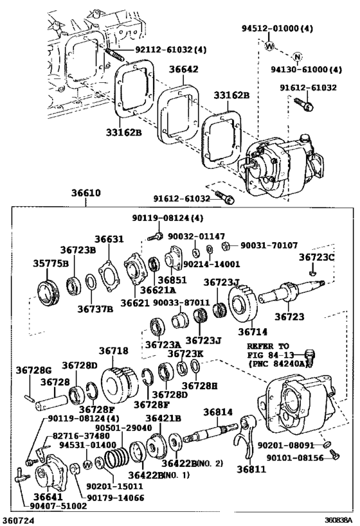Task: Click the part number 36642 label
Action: [x=183, y=69]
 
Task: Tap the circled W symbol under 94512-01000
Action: [x=269, y=46]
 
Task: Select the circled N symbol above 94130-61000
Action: [x=297, y=57]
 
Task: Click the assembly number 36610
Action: [x=86, y=193]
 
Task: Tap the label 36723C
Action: [x=317, y=257]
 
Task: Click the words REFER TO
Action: [x=267, y=346]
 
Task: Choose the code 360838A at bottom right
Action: [x=338, y=520]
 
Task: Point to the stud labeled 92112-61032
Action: [x=114, y=53]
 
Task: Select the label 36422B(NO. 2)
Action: [x=192, y=463]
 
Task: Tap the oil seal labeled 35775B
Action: [x=48, y=292]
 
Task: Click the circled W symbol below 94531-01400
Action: [x=87, y=464]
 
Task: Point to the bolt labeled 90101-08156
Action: [x=335, y=454]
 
